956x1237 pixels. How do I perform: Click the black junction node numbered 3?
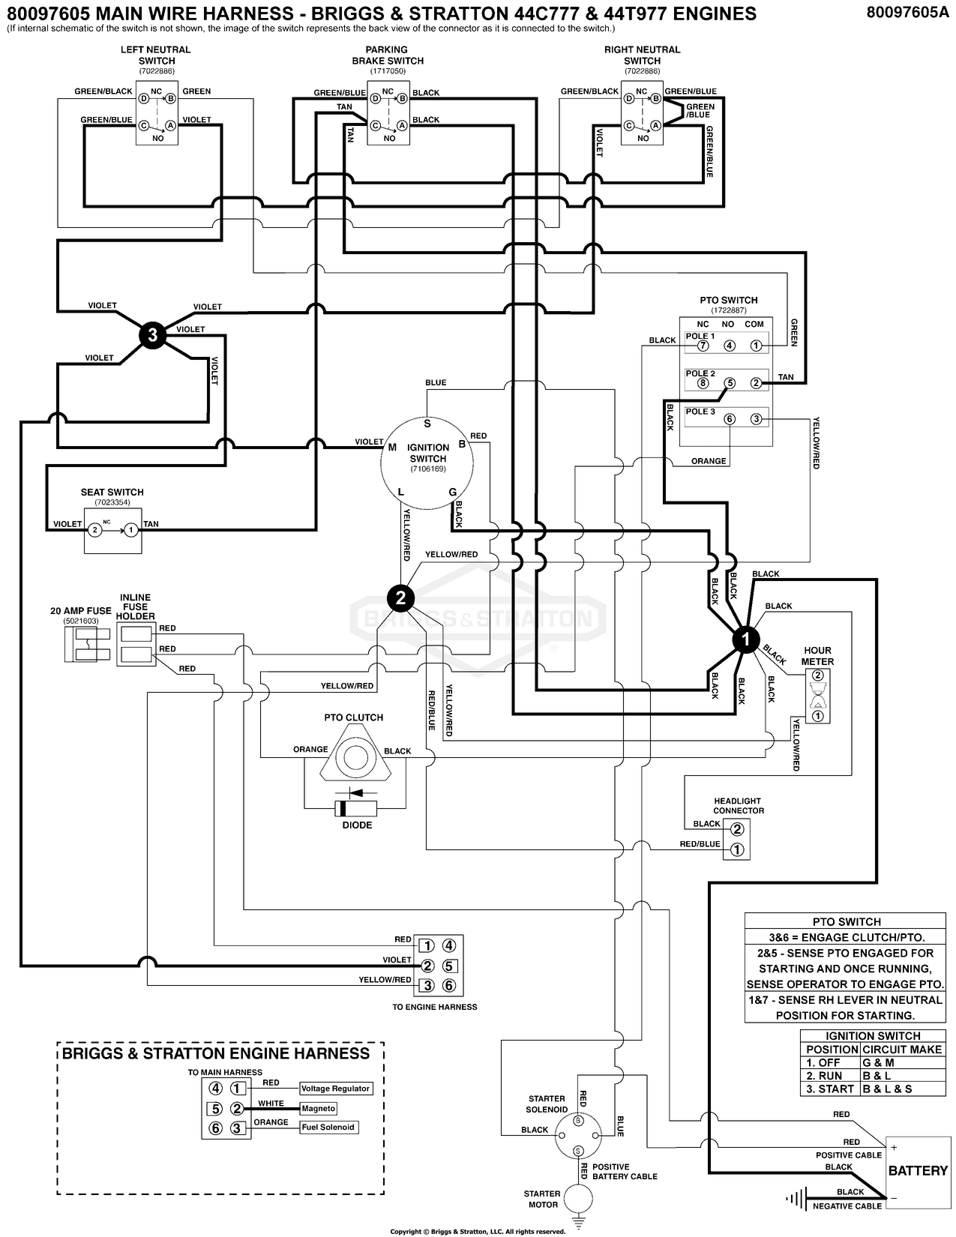pyautogui.click(x=153, y=334)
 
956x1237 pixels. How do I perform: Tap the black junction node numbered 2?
pyautogui.click(x=400, y=598)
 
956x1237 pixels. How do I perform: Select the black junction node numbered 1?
pyautogui.click(x=745, y=639)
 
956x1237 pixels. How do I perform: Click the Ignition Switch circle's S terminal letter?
pyautogui.click(x=427, y=424)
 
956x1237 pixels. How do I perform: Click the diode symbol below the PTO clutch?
pyautogui.click(x=357, y=808)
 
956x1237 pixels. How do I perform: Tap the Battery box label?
pyautogui.click(x=918, y=1170)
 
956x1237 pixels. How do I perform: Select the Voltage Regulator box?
pyautogui.click(x=335, y=1089)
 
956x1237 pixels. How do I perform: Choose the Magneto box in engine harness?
pyautogui.click(x=318, y=1108)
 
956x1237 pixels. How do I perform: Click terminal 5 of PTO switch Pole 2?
pyautogui.click(x=729, y=383)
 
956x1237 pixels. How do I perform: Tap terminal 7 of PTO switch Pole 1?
pyautogui.click(x=703, y=346)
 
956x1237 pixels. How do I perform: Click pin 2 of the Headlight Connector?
pyautogui.click(x=738, y=828)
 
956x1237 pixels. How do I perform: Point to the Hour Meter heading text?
pyautogui.click(x=817, y=656)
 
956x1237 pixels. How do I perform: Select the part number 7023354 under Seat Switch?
pyautogui.click(x=112, y=502)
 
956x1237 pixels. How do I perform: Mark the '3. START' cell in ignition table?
pyautogui.click(x=830, y=1089)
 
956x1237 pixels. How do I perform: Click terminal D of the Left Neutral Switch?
pyautogui.click(x=142, y=98)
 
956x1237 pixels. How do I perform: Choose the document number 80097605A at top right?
pyautogui.click(x=907, y=13)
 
